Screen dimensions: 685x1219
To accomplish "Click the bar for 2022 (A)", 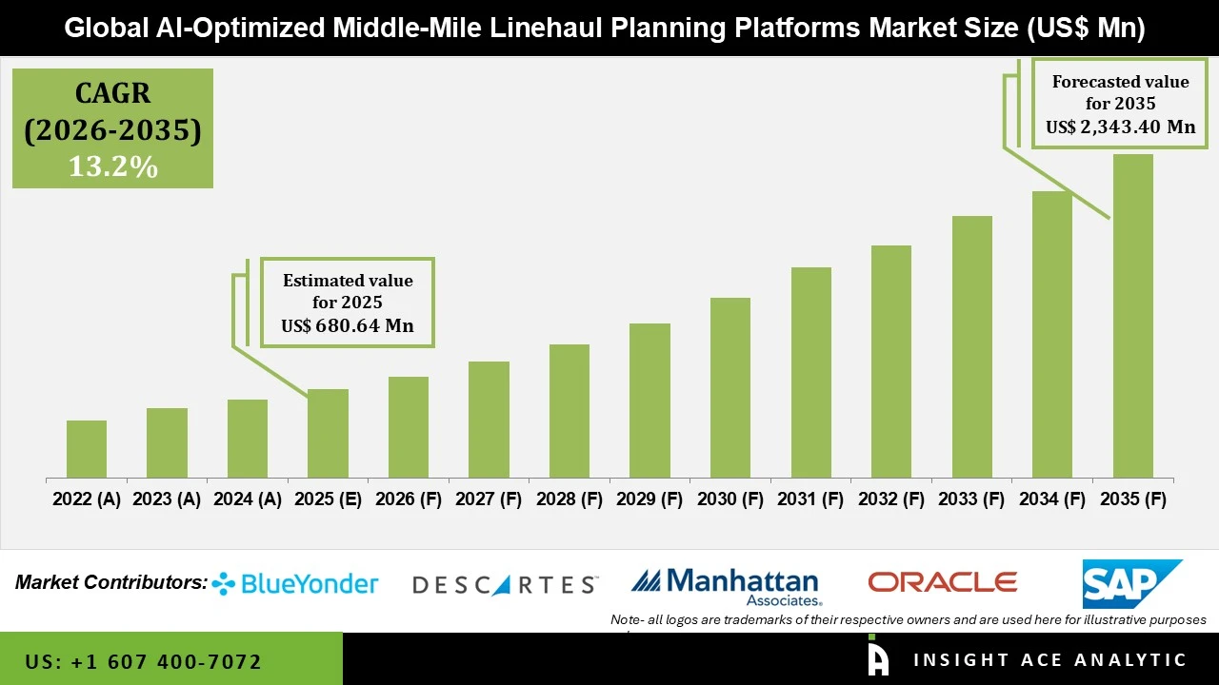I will [x=87, y=449].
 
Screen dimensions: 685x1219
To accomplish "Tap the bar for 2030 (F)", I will [x=729, y=388].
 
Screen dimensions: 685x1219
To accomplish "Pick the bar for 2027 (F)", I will [x=489, y=420].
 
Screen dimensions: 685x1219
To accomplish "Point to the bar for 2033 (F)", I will [x=971, y=347].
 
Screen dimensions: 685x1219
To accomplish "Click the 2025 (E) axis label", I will [x=328, y=499].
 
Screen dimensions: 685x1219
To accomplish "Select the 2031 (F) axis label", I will [x=810, y=499].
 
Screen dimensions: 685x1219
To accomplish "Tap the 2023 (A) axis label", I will [x=167, y=499].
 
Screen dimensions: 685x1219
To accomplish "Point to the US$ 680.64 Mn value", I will [x=348, y=325].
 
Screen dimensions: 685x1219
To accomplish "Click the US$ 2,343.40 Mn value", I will [x=1120, y=127].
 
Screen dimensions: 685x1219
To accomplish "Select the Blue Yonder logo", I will [x=295, y=583].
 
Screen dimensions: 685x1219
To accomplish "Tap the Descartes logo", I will [x=505, y=584].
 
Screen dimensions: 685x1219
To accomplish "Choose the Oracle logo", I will [x=942, y=582].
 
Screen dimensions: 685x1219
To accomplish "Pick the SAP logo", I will [x=1130, y=583].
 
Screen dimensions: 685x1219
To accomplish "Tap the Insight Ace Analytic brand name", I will [x=1049, y=660].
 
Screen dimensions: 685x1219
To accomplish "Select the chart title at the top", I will [x=604, y=28].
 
